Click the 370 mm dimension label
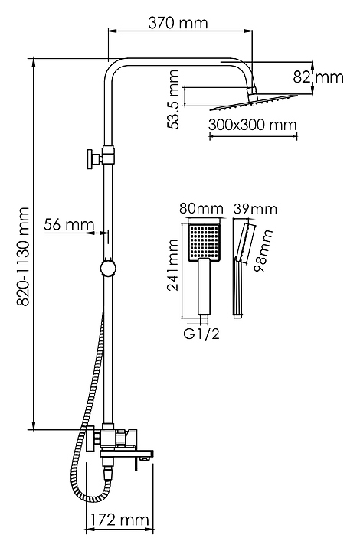(178, 23)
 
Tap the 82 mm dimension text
(318, 77)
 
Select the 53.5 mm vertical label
(173, 99)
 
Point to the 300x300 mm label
(253, 125)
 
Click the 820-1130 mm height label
(24, 256)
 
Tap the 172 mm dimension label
(120, 520)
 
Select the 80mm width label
(201, 209)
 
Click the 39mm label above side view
(255, 209)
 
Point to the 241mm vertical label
(172, 265)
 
